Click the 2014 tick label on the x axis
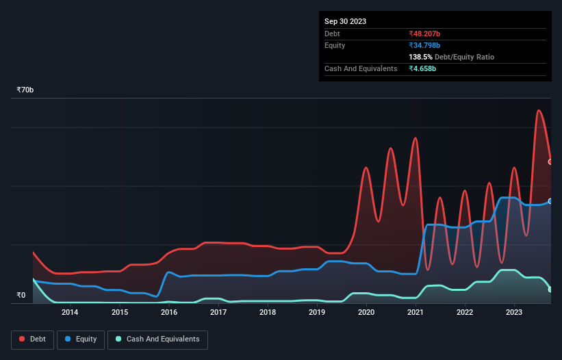point(69,313)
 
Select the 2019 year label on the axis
point(317,313)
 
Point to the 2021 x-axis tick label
point(416,313)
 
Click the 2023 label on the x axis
point(514,313)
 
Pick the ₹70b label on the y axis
point(25,90)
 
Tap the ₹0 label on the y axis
point(21,296)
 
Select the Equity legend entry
point(81,339)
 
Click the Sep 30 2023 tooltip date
point(345,21)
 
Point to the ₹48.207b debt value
point(425,34)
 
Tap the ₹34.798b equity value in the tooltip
point(425,45)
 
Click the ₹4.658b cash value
point(422,68)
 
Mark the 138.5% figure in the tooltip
point(421,57)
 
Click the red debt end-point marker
point(550,162)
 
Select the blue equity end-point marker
point(550,201)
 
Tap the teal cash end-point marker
point(550,290)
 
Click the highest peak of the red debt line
point(539,110)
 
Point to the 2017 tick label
point(218,313)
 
